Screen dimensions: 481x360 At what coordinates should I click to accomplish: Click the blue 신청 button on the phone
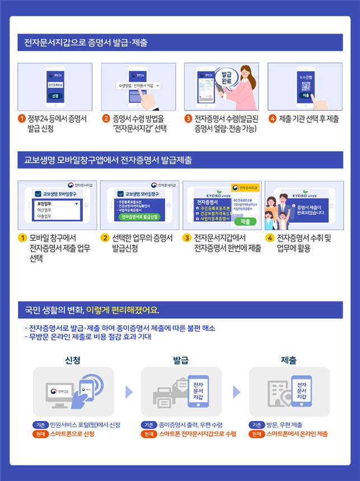tap(55, 96)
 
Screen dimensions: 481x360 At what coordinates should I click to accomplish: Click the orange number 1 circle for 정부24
tap(22, 119)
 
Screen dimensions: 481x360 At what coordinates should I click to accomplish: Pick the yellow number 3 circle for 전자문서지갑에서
tap(187, 238)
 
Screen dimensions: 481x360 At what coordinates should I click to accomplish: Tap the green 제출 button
tap(245, 222)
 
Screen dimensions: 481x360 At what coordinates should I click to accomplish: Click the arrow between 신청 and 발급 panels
tap(129, 391)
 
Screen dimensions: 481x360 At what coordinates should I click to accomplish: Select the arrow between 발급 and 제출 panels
tap(237, 391)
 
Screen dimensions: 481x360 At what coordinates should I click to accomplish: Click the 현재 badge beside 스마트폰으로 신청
tap(41, 434)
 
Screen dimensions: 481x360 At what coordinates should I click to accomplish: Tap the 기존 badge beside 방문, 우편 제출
tap(257, 424)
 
